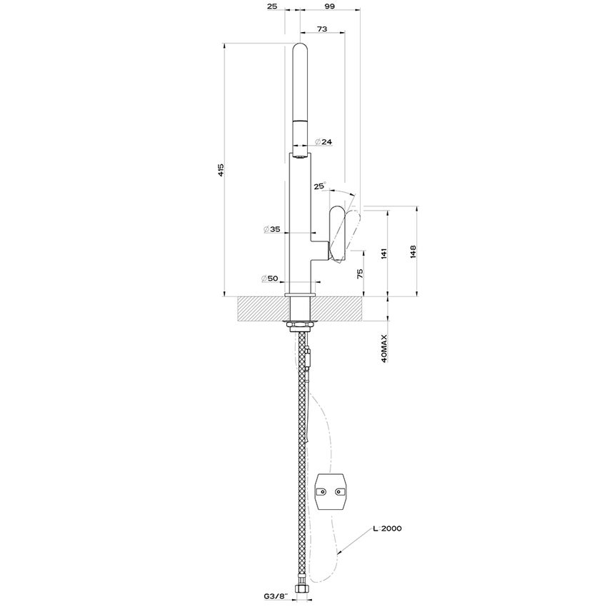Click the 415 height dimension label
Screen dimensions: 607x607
coord(221,170)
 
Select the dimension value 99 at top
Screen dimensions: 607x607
coord(328,6)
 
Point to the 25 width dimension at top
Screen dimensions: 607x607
coord(272,6)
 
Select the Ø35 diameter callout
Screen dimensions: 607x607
coord(271,230)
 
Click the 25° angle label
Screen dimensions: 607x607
coord(319,187)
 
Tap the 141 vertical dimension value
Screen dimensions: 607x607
coord(383,254)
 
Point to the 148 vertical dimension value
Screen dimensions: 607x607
coord(413,251)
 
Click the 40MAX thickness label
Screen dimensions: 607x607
coord(384,348)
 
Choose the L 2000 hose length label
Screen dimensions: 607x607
coord(387,529)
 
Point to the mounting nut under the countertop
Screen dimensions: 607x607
coord(300,328)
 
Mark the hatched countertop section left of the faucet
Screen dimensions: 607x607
coord(261,309)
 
